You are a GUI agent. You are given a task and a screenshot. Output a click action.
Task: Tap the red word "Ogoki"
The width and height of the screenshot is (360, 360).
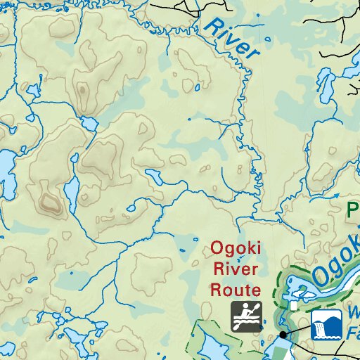coord(235,249)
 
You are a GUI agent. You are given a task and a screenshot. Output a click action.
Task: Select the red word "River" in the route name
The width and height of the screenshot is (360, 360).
coord(236,269)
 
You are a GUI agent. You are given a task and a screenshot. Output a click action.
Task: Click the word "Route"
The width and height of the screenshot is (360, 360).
coord(236,288)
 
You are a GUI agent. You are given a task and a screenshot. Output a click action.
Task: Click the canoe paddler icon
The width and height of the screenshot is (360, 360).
coord(247,316)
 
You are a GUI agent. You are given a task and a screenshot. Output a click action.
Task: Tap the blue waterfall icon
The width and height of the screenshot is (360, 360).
coord(326,324)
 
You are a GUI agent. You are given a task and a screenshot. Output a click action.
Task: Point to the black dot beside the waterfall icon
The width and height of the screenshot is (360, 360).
coord(283,334)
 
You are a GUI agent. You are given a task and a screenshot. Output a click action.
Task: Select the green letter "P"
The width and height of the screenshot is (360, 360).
coord(354,209)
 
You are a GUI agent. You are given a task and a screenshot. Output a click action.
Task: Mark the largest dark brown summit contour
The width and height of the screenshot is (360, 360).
coord(50,203)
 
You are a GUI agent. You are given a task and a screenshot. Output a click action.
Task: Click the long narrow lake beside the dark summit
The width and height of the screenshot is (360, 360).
coord(71,193)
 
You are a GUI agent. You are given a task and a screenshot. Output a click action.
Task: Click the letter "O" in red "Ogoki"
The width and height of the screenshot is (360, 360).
coord(216,249)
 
